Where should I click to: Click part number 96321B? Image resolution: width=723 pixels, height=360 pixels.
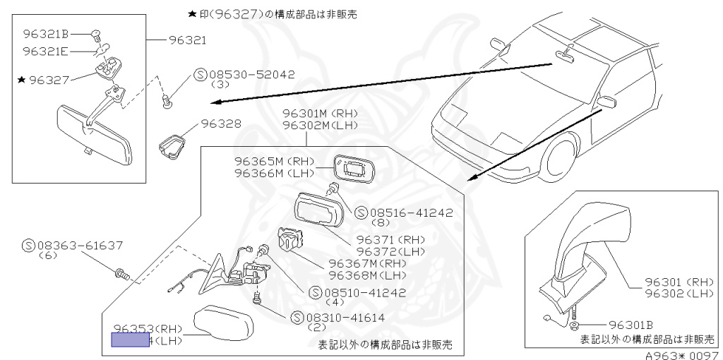coord(45,33)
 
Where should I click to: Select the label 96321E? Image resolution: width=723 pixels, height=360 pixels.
coord(45,51)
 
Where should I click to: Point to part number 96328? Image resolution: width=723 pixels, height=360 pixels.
coord(221,123)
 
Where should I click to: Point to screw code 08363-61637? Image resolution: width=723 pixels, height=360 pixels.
coord(78,246)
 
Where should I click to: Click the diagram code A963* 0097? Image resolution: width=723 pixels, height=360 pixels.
coord(681,355)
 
